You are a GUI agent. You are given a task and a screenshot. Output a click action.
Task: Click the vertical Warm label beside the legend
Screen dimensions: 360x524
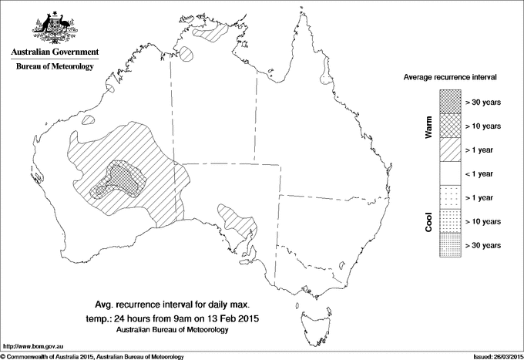pos(428,126)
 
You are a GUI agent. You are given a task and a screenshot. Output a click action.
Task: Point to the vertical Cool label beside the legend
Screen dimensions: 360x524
pos(428,222)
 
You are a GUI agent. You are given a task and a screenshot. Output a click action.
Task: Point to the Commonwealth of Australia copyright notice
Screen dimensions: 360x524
pos(92,356)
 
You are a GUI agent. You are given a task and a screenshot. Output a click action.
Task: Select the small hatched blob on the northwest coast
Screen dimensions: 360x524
pos(89,120)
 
